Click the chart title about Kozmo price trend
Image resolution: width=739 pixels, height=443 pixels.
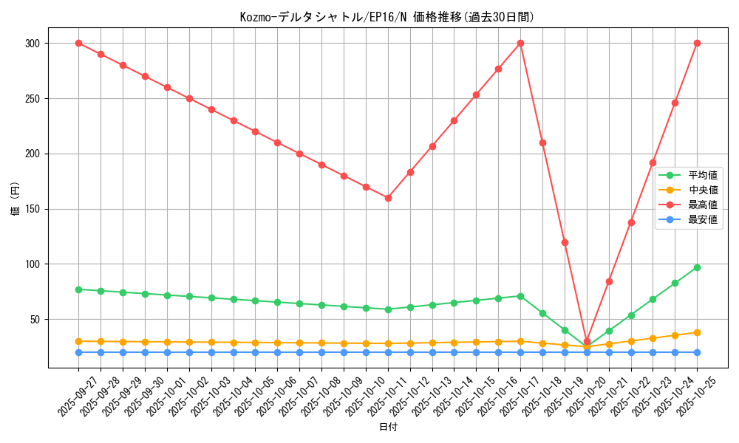pyautogui.click(x=386, y=17)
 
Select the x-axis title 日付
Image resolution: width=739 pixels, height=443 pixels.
pyautogui.click(x=388, y=427)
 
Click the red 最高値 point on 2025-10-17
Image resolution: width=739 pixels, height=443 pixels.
pyautogui.click(x=520, y=43)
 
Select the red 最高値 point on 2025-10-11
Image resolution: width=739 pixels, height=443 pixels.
pyautogui.click(x=388, y=198)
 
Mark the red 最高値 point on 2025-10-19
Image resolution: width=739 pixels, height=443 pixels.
pyautogui.click(x=565, y=242)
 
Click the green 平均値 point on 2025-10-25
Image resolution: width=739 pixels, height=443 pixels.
pyautogui.click(x=697, y=267)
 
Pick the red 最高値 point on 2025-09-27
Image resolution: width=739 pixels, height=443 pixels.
pyautogui.click(x=78, y=43)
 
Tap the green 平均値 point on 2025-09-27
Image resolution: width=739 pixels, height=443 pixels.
pyautogui.click(x=78, y=289)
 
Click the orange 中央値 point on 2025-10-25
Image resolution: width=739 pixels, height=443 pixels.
pyautogui.click(x=697, y=332)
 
